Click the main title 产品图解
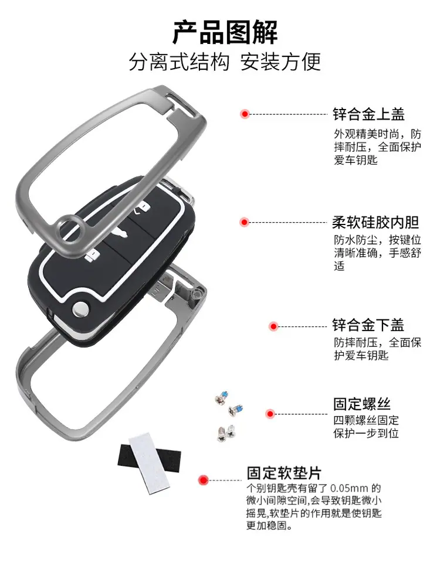click(225, 32)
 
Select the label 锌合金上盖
click(368, 114)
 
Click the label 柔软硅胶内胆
click(376, 222)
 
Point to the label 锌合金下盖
click(368, 325)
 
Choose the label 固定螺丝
click(361, 404)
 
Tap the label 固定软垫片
click(284, 473)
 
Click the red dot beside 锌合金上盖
click(245, 114)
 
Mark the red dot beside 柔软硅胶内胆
click(245, 222)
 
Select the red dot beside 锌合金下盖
click(273, 326)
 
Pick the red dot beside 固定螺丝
click(270, 414)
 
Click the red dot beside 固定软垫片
click(204, 480)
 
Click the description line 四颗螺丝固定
click(365, 420)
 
